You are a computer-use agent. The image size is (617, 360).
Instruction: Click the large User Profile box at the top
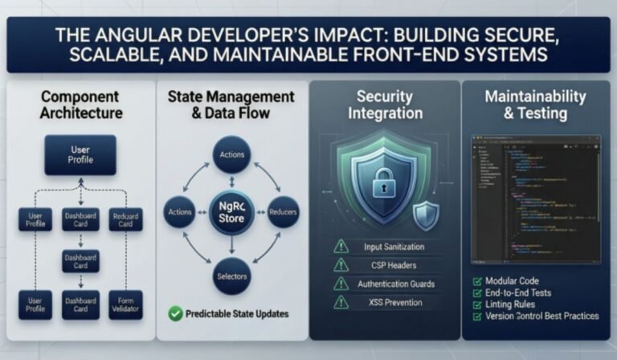click(80, 154)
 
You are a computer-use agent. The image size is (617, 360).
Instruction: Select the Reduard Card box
click(125, 219)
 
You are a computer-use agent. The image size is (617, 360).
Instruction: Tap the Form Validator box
click(125, 305)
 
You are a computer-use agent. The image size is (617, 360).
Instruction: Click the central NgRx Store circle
click(231, 212)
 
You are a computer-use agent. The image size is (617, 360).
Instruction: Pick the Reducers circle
click(282, 212)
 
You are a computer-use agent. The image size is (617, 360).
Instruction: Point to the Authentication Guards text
click(395, 284)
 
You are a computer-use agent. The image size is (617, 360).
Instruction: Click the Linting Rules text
click(514, 305)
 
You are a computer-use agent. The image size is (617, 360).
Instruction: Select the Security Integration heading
click(385, 105)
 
